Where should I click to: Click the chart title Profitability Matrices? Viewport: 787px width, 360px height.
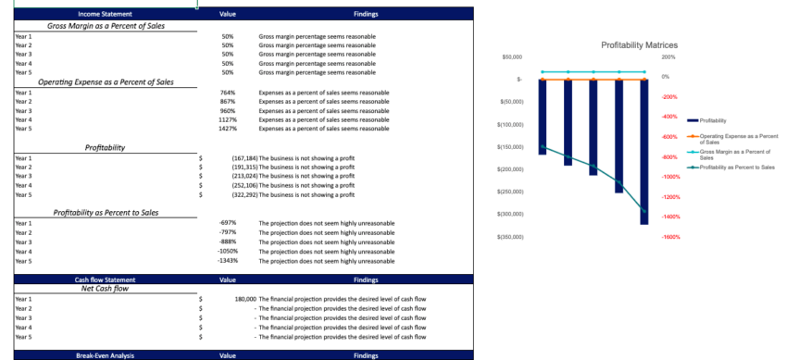(x=639, y=44)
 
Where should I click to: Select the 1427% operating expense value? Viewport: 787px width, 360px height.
(x=228, y=129)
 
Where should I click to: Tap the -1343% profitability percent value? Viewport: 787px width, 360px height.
(x=228, y=261)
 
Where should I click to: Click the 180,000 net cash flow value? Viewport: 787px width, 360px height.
(x=244, y=300)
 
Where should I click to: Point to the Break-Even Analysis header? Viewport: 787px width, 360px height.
(x=105, y=354)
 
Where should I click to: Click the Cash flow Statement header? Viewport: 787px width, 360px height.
(x=105, y=279)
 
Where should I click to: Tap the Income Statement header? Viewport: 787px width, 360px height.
(x=105, y=15)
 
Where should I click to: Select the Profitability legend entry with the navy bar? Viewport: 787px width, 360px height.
(x=713, y=120)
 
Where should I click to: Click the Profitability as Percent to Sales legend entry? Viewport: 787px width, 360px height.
(x=736, y=167)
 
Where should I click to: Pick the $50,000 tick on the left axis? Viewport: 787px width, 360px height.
(x=512, y=57)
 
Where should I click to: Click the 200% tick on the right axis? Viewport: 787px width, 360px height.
(x=668, y=57)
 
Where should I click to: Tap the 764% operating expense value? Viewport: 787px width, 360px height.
(x=228, y=93)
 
